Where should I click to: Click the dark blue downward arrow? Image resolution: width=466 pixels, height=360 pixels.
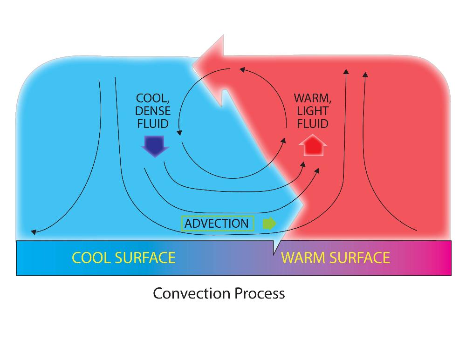(x=154, y=146)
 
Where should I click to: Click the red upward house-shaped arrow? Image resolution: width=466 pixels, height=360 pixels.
(x=312, y=146)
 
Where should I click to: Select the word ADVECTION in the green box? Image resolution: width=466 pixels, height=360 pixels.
(x=217, y=224)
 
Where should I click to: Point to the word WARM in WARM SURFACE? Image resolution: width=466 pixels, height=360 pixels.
(x=301, y=258)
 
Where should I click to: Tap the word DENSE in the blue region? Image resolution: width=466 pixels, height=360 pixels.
(x=153, y=111)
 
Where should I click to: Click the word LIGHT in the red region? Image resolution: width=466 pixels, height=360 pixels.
(x=312, y=111)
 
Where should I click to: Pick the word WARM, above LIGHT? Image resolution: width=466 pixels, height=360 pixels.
(x=311, y=99)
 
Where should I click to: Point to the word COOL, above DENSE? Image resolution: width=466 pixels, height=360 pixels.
(x=152, y=99)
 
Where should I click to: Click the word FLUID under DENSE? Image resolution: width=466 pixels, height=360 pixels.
(x=153, y=123)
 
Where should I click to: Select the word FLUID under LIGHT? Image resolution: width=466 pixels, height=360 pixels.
(x=312, y=123)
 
